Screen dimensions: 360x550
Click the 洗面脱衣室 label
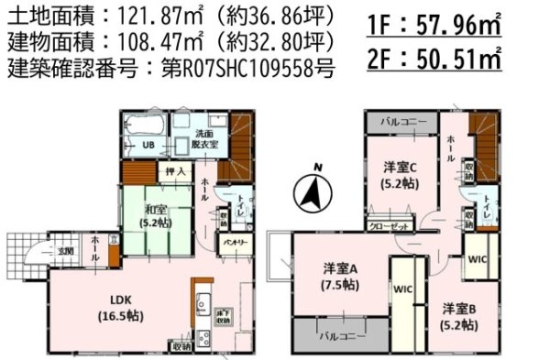tap(205, 139)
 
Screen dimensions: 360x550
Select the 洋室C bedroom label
tap(401, 174)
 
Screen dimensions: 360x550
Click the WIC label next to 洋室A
tap(404, 289)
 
